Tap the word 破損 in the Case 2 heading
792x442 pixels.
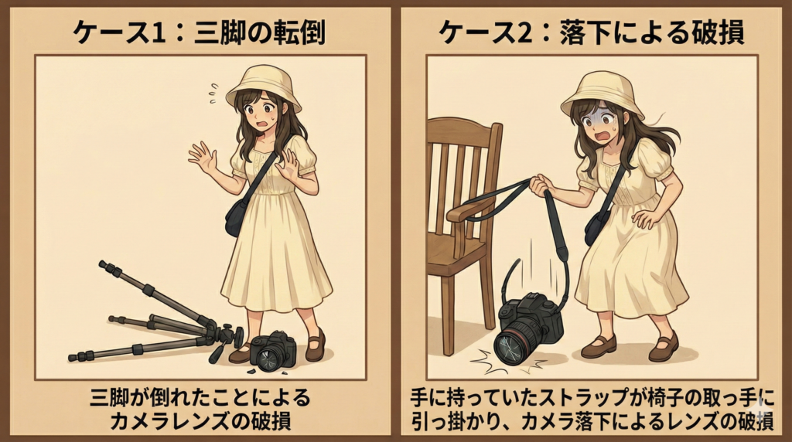coord(716,32)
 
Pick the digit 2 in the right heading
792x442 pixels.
coord(525,33)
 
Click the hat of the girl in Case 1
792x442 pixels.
coord(264,86)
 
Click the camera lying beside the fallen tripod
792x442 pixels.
coord(272,351)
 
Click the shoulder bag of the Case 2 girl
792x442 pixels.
coord(597,226)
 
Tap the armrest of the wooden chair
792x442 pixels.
coord(469,208)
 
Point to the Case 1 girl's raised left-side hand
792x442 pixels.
coord(202,158)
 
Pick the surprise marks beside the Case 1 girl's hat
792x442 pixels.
coord(214,93)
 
